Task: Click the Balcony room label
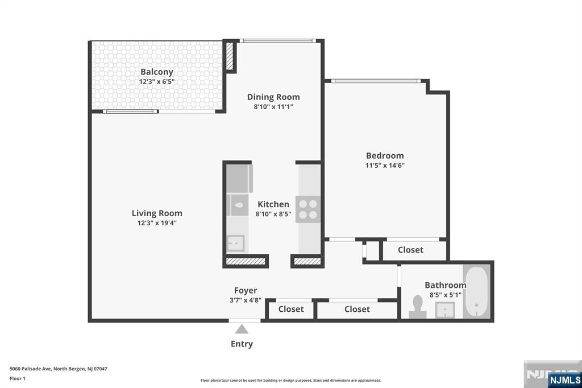157,72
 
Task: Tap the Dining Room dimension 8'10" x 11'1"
273,106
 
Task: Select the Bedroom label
385,155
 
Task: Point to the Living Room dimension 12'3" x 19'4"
157,223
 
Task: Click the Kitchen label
273,204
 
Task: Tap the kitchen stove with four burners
308,209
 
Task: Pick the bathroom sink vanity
445,310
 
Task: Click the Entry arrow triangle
242,329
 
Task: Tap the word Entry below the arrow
242,344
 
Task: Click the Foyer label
246,290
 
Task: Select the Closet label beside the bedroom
410,250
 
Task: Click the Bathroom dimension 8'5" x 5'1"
445,295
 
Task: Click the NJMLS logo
565,379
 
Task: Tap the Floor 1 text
18,378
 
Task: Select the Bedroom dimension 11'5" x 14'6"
385,166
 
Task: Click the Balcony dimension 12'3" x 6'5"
157,81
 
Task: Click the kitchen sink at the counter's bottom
235,243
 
